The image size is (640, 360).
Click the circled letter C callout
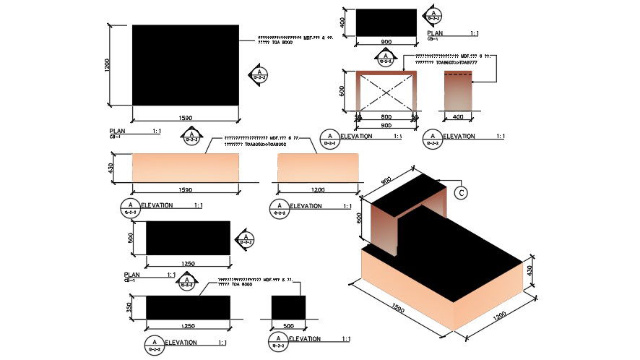(461, 192)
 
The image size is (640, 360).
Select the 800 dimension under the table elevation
(386, 116)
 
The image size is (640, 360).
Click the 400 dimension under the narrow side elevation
(457, 116)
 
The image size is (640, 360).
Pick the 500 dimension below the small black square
(287, 325)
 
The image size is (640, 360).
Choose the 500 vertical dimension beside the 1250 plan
(131, 239)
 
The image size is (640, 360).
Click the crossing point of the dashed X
(386, 93)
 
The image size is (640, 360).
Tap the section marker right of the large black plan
(259, 74)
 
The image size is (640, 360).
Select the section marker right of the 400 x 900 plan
(433, 15)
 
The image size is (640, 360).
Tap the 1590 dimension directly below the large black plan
(185, 117)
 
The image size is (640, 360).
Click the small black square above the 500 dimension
(287, 307)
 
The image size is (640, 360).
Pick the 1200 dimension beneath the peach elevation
(316, 190)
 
